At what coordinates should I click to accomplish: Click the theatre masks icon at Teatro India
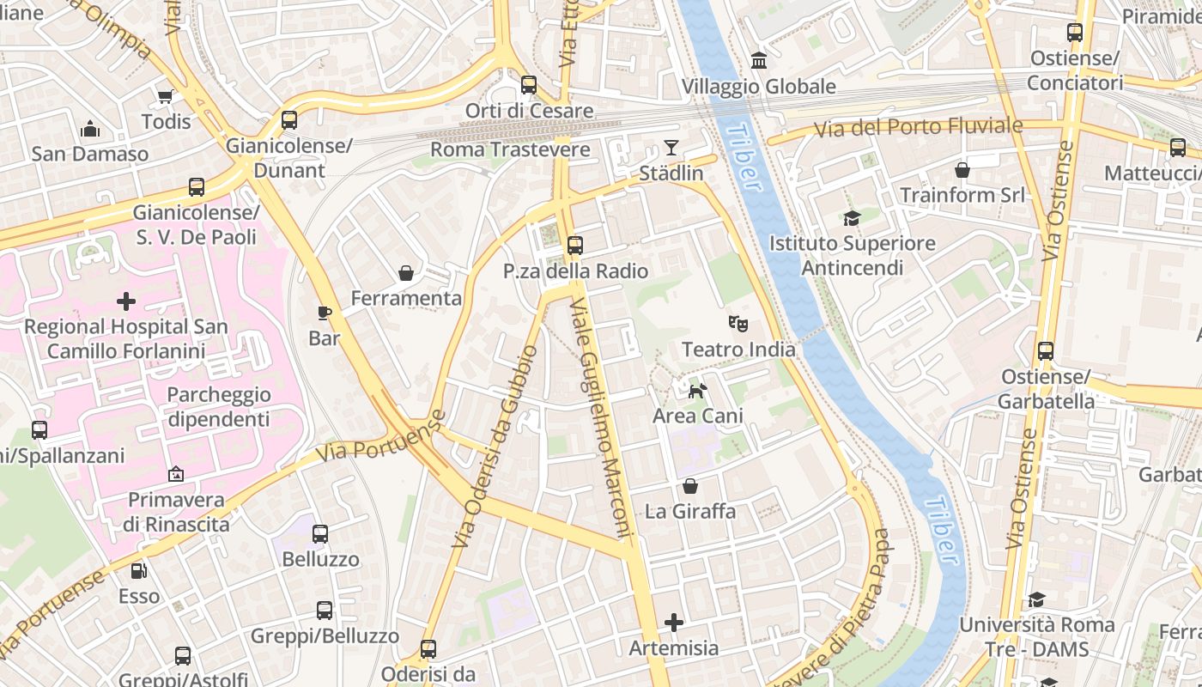point(738,324)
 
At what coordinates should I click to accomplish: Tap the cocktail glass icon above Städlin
point(671,148)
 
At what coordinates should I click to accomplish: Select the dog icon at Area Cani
point(697,392)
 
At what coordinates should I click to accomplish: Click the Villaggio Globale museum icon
point(759,60)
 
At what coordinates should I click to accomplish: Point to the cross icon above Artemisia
point(674,622)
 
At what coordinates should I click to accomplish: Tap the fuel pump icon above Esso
point(138,570)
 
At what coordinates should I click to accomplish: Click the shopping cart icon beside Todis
point(165,96)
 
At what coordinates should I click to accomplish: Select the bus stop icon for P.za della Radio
point(575,246)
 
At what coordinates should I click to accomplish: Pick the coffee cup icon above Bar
point(324,313)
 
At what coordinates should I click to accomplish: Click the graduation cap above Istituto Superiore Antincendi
point(852,218)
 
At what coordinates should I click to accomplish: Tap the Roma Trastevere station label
point(510,149)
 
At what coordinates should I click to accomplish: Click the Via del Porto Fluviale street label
point(918,128)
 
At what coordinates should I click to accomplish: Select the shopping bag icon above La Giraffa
point(690,486)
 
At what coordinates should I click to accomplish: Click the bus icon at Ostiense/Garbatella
point(1046,350)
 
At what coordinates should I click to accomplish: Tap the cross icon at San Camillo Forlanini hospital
point(126,301)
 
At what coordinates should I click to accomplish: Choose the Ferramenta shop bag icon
point(406,273)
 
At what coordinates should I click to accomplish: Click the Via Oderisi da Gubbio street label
point(495,447)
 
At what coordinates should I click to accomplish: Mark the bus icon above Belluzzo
point(320,534)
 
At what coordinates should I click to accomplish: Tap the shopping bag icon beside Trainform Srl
point(962,170)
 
